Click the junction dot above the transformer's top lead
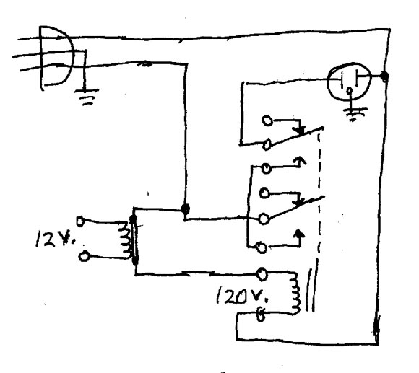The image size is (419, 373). [x=186, y=209]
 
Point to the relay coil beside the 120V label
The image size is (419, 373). [x=294, y=292]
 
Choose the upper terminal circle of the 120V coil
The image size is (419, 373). [x=263, y=273]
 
